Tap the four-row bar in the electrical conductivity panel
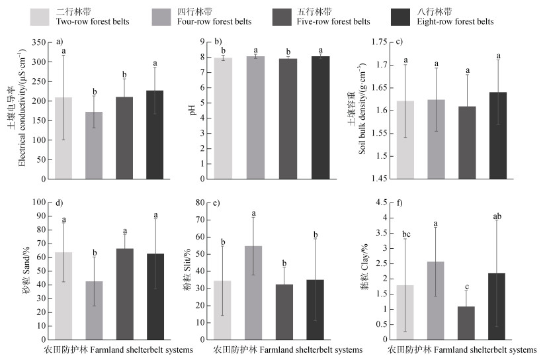[94, 145]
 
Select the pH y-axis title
[194, 111]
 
